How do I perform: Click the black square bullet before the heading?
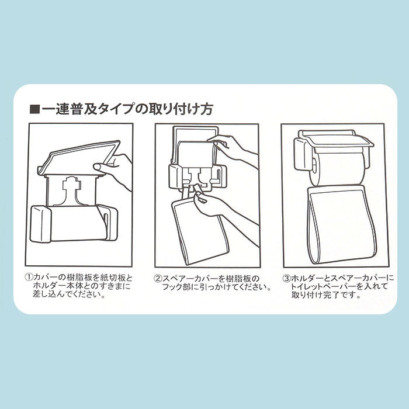34,109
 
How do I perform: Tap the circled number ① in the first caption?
29,278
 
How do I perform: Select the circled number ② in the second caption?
158,279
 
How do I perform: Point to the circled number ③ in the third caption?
286,278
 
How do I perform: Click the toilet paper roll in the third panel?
337,169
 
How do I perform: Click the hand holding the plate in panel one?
115,170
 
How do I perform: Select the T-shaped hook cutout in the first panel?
71,190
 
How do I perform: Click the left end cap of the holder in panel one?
41,224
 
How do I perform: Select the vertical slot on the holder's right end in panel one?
106,223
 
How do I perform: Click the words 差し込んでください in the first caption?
69,294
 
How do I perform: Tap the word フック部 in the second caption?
175,287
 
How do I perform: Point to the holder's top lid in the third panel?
337,139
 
